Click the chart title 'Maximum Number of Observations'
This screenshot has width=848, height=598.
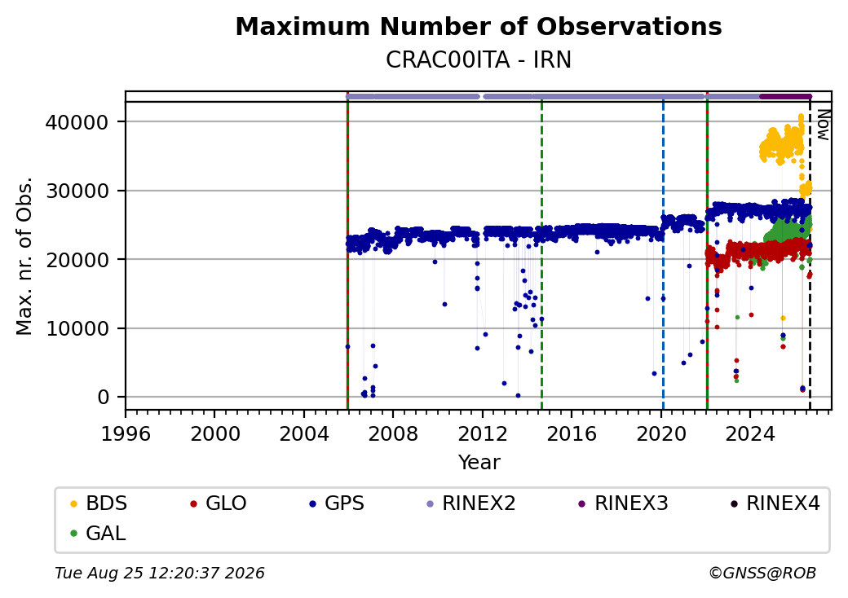click(x=479, y=26)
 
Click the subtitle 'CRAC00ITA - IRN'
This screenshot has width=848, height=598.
click(x=479, y=60)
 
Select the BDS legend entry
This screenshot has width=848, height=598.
click(x=99, y=503)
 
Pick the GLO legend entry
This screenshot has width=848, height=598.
click(x=219, y=503)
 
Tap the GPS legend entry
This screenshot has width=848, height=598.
click(x=337, y=503)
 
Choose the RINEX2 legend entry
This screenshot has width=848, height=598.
click(x=471, y=503)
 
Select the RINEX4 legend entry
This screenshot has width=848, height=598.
click(x=775, y=503)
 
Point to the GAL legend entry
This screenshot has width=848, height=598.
click(x=99, y=533)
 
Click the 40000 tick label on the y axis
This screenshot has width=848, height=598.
click(x=77, y=123)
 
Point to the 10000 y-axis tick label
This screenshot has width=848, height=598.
click(x=77, y=329)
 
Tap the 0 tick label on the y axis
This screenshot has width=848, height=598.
click(x=104, y=398)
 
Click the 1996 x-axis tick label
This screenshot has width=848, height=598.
click(x=126, y=433)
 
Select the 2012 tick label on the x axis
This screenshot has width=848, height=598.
click(x=483, y=433)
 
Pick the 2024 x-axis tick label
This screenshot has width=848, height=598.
click(x=750, y=433)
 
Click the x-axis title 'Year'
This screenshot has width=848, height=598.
click(x=479, y=463)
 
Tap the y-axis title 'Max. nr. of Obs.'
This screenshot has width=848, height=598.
click(x=24, y=256)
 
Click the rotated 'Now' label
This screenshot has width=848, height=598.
click(x=823, y=125)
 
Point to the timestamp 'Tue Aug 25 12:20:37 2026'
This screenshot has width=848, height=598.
click(x=160, y=573)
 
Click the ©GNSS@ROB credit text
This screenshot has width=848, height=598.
click(x=762, y=573)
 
